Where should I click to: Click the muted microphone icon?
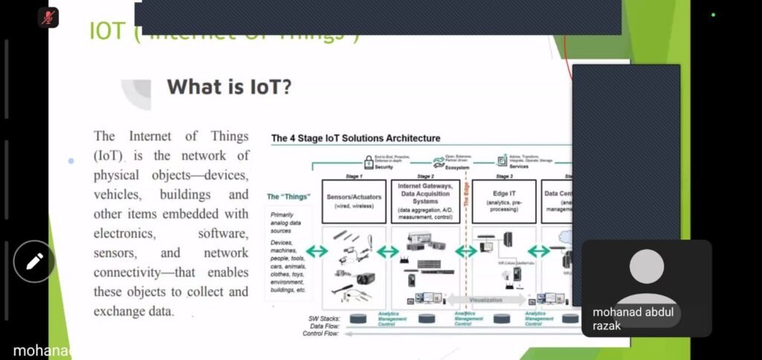(48, 18)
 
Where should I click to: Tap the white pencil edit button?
(35, 261)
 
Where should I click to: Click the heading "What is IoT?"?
(229, 87)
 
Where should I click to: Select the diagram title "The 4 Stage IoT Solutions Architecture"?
(355, 138)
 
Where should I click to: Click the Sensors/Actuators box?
(353, 202)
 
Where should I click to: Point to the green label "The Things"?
(288, 197)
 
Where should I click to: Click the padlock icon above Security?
(368, 160)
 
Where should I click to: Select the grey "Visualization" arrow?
(485, 300)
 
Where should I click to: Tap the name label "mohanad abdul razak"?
(633, 318)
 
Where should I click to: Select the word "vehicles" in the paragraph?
(116, 195)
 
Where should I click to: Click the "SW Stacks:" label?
(325, 318)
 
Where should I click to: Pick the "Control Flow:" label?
(320, 333)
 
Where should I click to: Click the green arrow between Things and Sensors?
(316, 251)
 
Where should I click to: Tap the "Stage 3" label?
(505, 176)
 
